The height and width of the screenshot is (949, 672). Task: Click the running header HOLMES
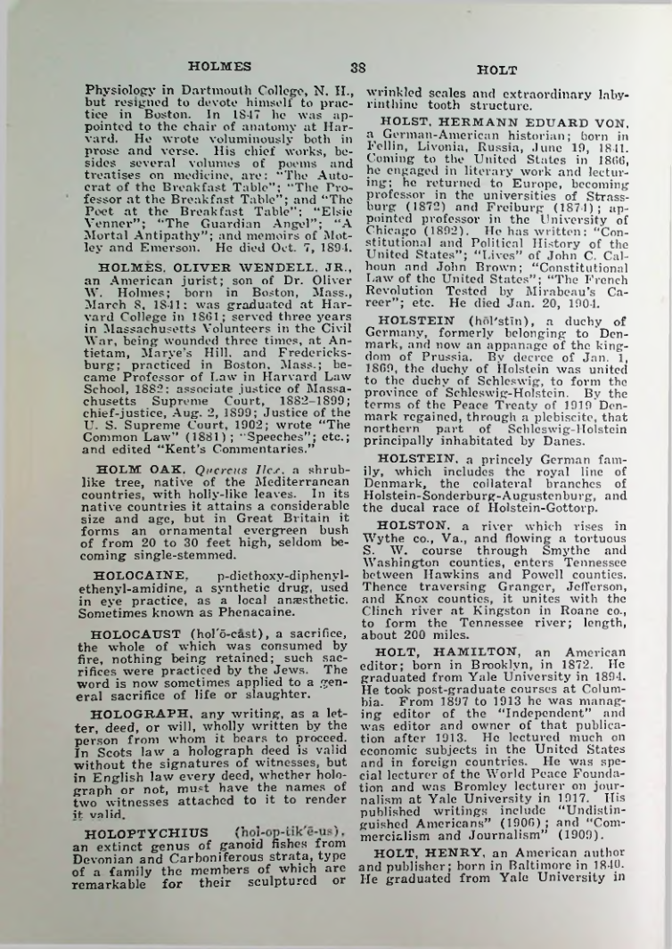(219, 65)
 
